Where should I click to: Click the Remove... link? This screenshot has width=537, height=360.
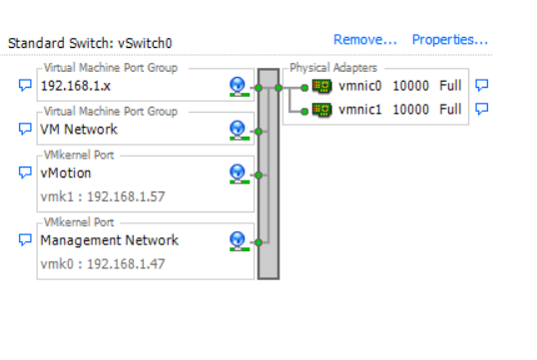click(365, 40)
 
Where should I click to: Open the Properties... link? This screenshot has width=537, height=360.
click(449, 40)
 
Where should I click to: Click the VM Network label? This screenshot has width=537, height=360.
click(79, 129)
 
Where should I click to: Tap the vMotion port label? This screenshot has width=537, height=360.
click(65, 173)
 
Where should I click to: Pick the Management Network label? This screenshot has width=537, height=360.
click(109, 239)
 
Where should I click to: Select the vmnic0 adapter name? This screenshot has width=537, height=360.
click(360, 86)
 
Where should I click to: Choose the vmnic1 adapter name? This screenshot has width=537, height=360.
click(360, 109)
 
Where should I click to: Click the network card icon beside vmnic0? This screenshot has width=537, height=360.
click(321, 86)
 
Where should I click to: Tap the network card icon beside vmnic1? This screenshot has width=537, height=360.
click(321, 109)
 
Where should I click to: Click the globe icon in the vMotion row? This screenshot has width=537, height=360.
click(238, 174)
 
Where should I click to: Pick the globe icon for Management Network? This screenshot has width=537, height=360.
click(238, 240)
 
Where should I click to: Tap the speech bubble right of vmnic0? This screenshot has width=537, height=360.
click(482, 86)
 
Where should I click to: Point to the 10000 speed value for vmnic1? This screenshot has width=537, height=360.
click(410, 109)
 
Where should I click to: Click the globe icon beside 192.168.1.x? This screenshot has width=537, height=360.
click(238, 87)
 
